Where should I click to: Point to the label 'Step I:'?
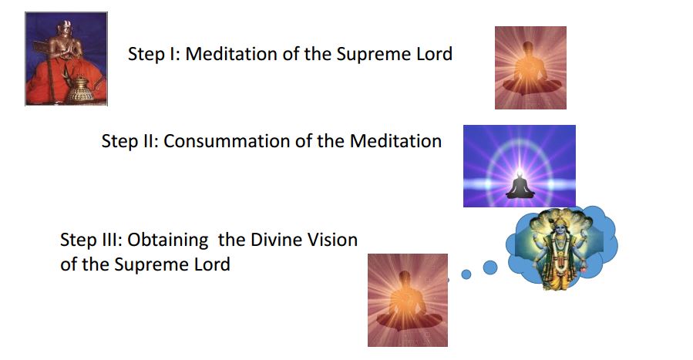coord(154,54)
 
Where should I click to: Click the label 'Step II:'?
coord(130,141)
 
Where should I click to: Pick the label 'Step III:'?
coord(92,240)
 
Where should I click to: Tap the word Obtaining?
coord(168,241)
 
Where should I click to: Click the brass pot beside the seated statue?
coord(80,89)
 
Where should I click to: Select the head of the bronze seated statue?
coord(65,29)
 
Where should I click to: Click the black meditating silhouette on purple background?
coord(520,186)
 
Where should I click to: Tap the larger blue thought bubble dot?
coord(490,267)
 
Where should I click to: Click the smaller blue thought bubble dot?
coord(466,274)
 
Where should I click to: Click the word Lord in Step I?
coord(435,54)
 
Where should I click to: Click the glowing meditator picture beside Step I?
coord(530,68)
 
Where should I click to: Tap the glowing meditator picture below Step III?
coord(408,300)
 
